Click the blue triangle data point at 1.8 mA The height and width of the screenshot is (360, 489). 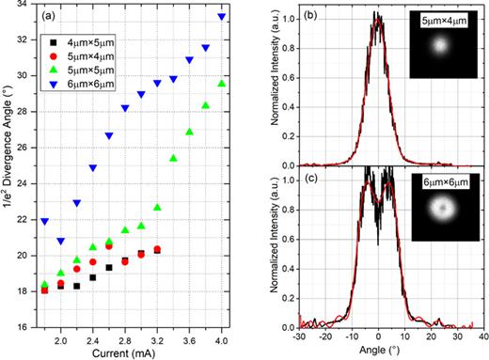coord(44,222)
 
